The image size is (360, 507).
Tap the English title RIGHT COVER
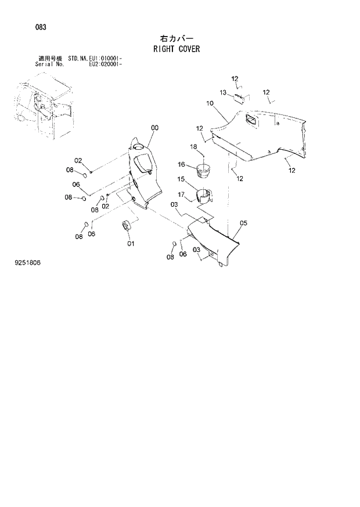(x=177, y=49)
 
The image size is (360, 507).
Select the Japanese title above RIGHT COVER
(x=177, y=38)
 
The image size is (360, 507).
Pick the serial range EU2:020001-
(x=105, y=64)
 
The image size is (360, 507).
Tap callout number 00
(x=154, y=128)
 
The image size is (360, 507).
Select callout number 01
(x=131, y=243)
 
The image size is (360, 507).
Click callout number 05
(x=243, y=223)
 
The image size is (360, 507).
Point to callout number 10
(x=210, y=103)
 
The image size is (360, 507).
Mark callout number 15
(x=181, y=179)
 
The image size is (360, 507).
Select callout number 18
(x=194, y=146)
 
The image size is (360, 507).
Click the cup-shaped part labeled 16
(x=204, y=171)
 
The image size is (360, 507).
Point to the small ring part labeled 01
(x=126, y=225)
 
